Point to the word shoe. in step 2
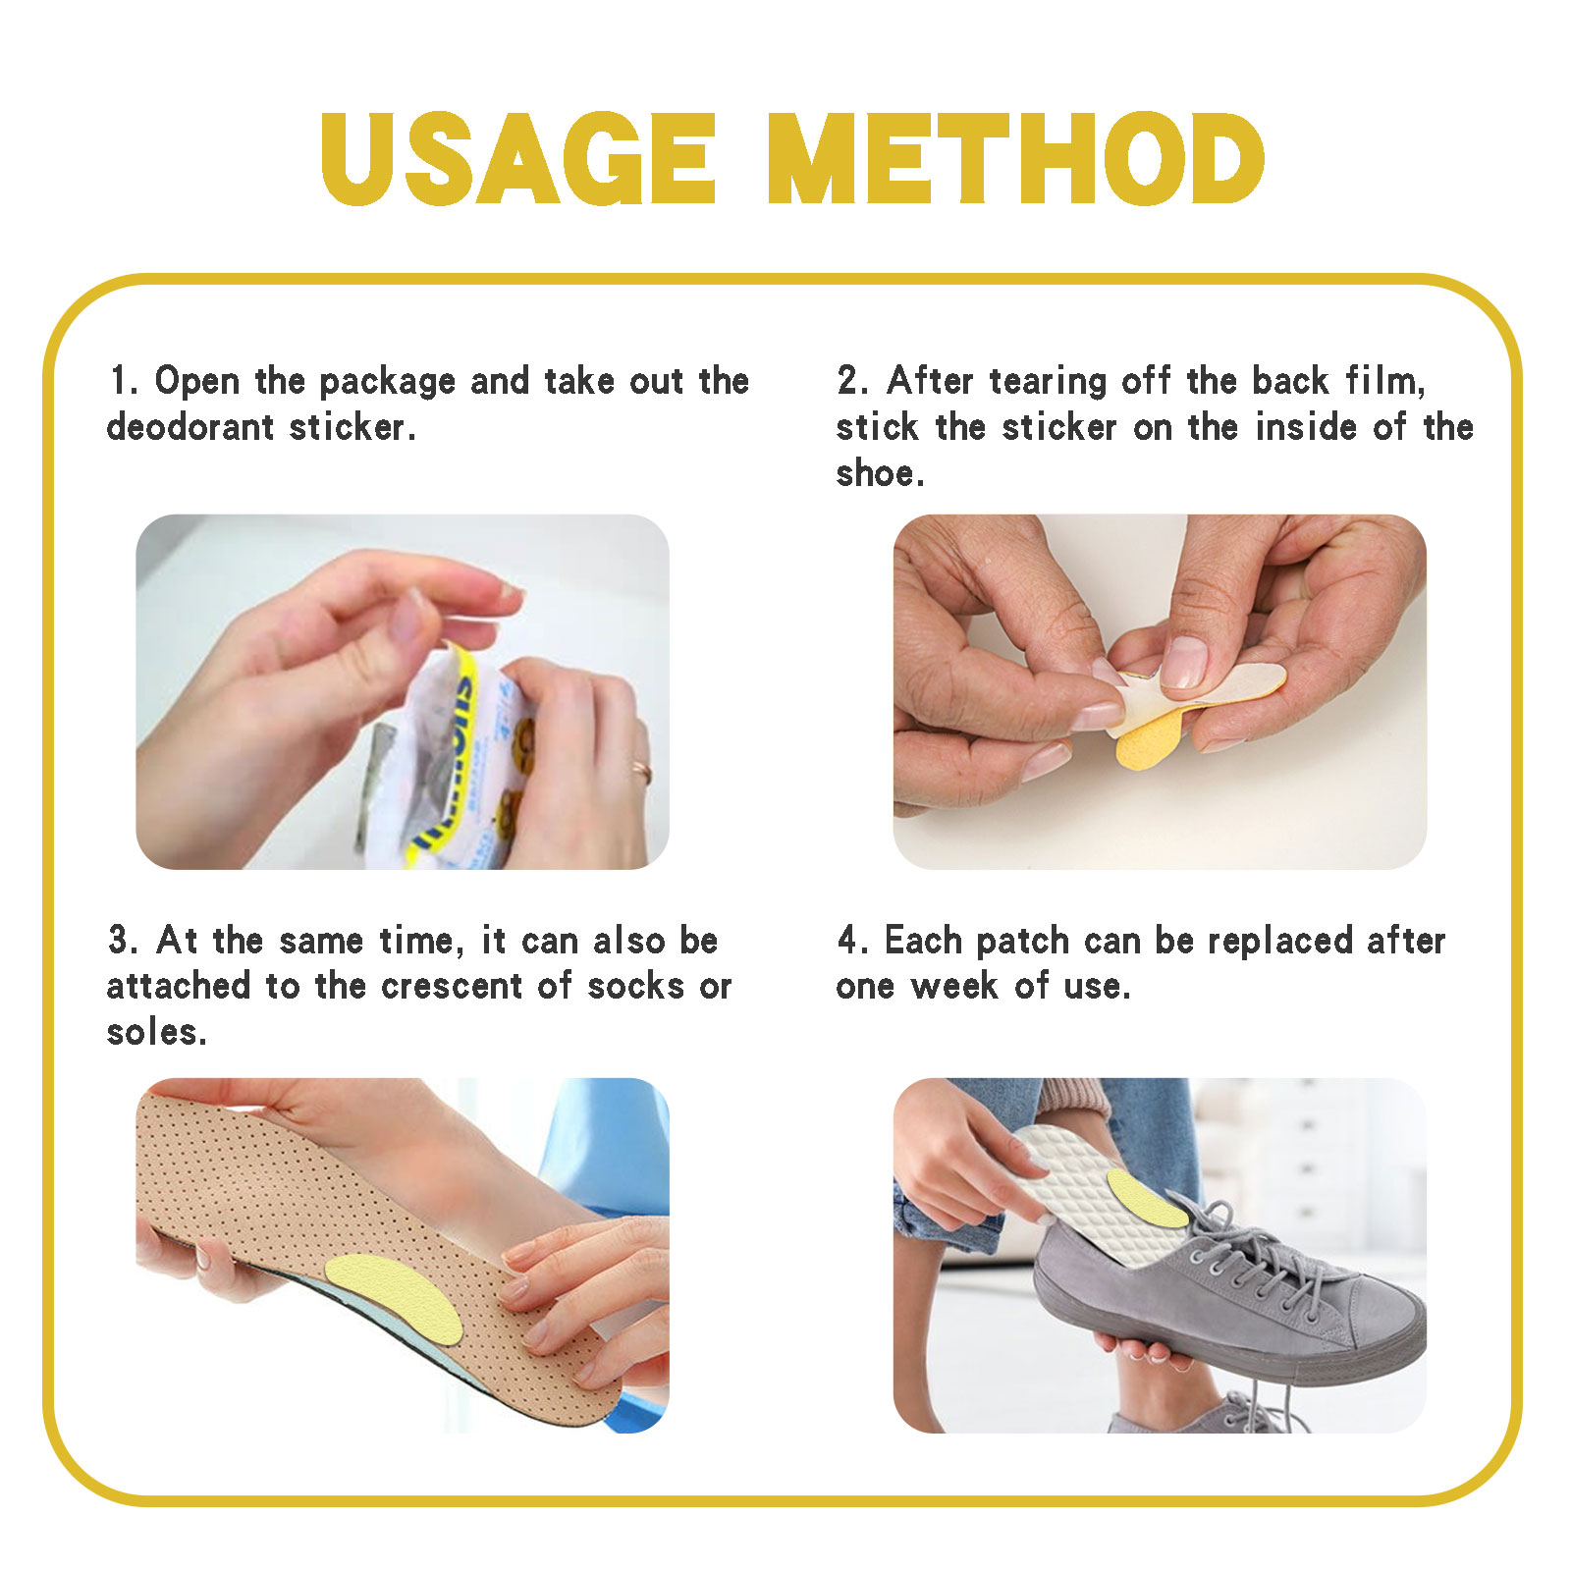pos(880,473)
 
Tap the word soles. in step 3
pos(156,1032)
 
